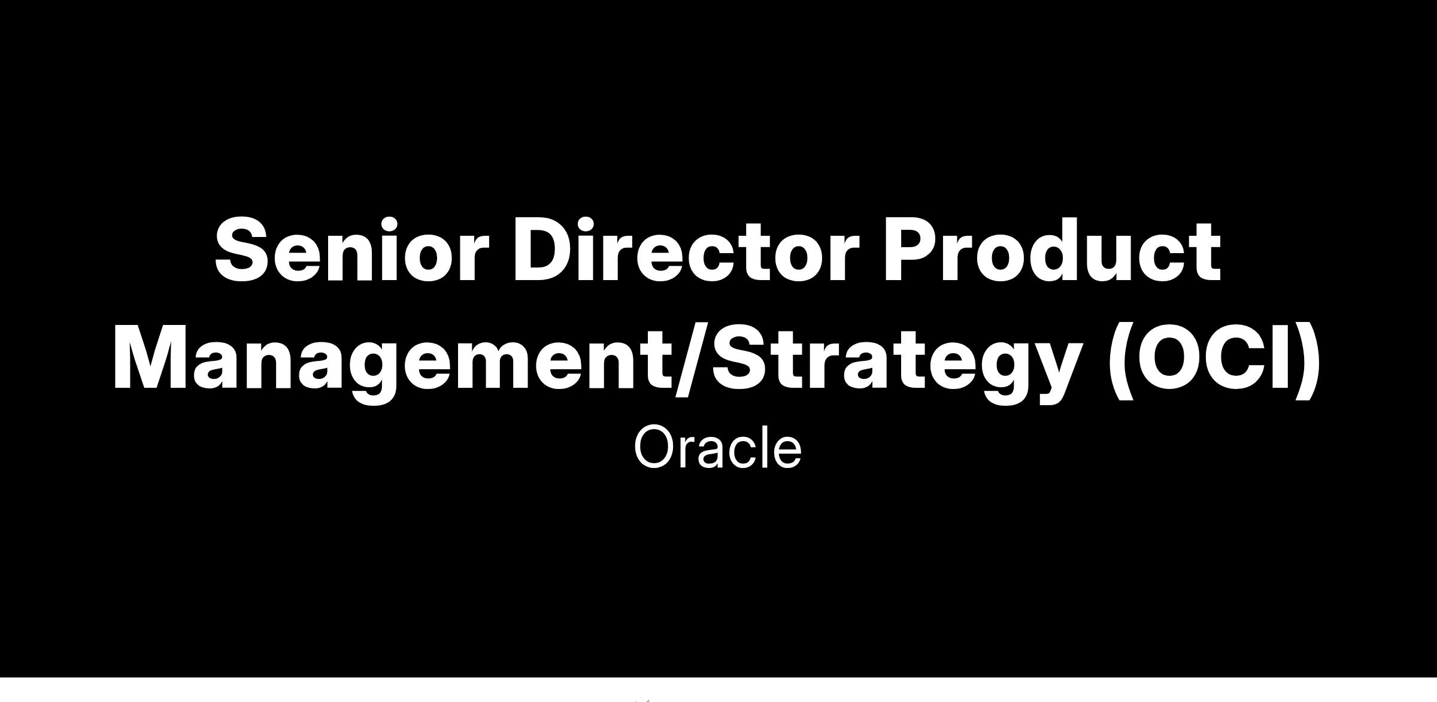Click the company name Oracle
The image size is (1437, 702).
click(717, 448)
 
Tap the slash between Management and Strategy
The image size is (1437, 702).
click(692, 363)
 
